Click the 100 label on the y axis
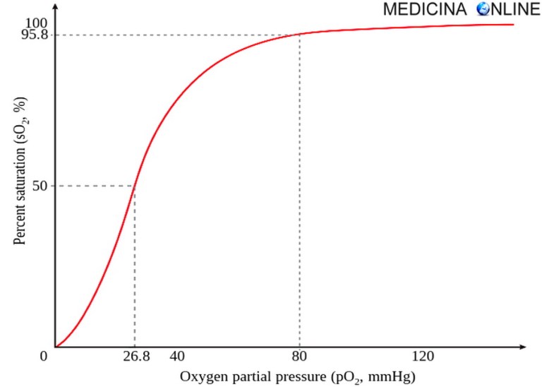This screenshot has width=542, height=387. tap(36, 24)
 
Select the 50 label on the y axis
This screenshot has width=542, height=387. tap(40, 186)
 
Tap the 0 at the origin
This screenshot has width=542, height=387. tap(44, 356)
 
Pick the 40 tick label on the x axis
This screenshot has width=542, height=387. tap(177, 357)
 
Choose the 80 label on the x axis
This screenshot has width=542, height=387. tap(300, 357)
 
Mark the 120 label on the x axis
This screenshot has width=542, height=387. tap(423, 357)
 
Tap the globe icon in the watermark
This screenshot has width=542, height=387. tap(484, 10)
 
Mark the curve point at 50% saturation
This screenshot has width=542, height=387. tap(134, 186)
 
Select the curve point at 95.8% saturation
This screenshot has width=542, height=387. tap(300, 35)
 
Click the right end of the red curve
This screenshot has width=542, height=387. tap(513, 25)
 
